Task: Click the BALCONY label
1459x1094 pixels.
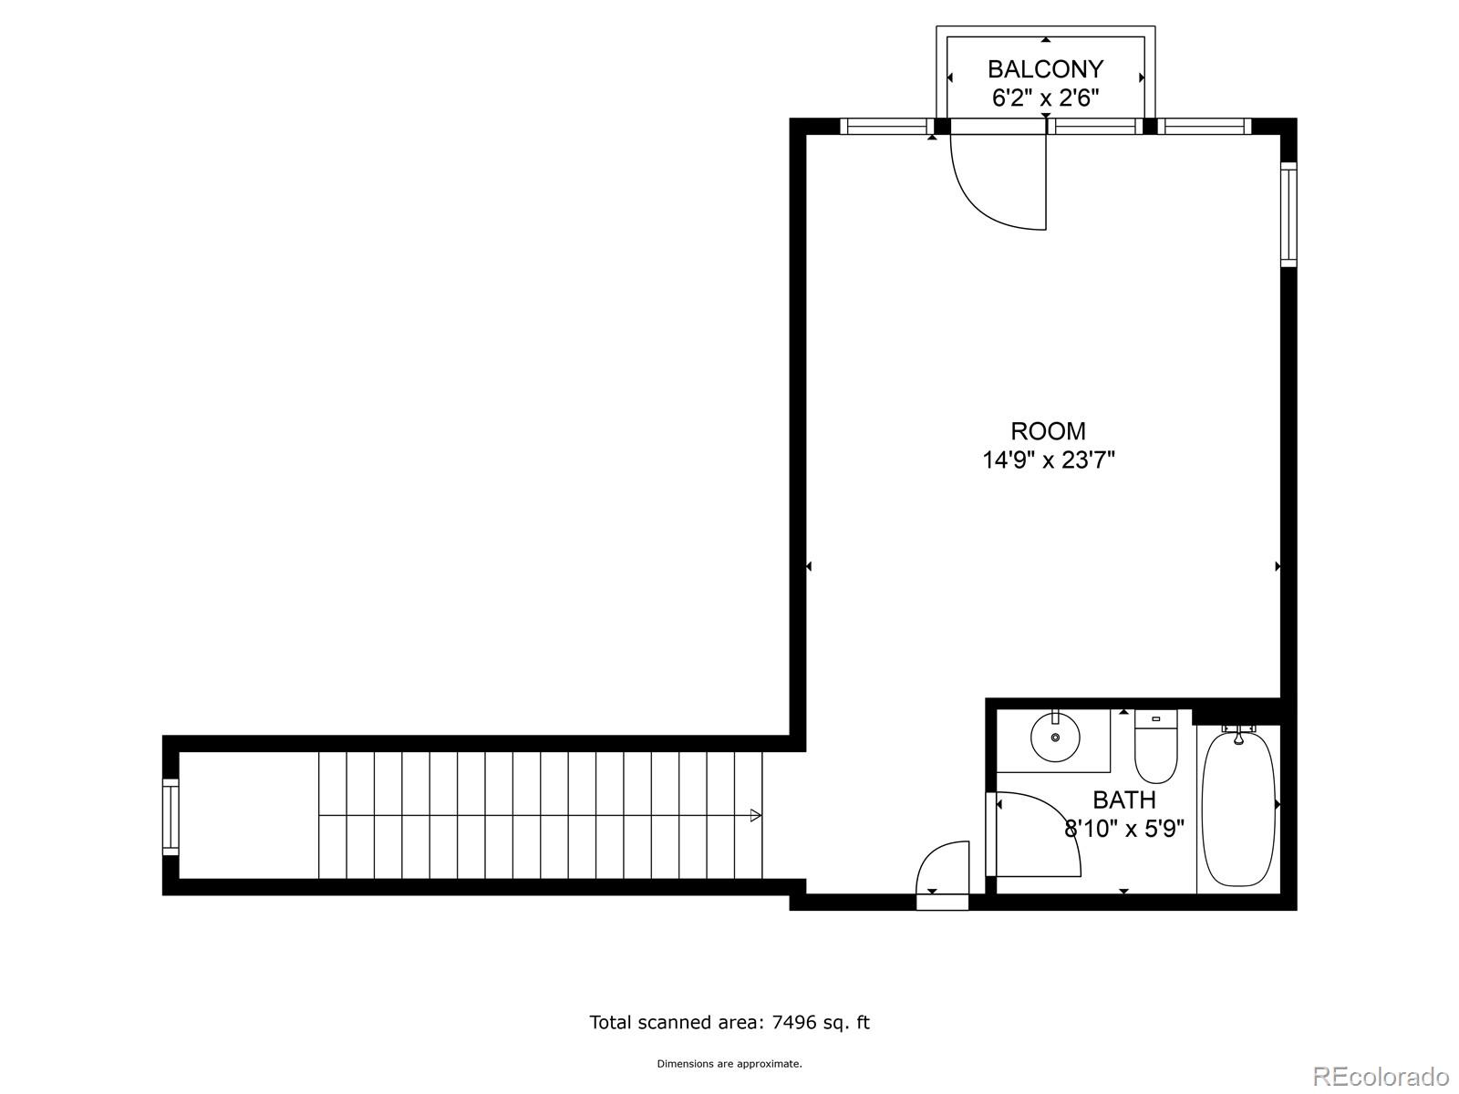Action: click(1045, 69)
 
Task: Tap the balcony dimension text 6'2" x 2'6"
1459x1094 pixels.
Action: click(1045, 98)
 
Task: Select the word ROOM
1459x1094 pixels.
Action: click(1048, 430)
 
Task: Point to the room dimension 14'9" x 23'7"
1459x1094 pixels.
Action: click(1048, 459)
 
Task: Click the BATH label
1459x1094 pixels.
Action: click(1123, 800)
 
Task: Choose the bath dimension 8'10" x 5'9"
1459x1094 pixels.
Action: click(1123, 829)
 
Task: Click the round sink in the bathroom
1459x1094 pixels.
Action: click(1055, 737)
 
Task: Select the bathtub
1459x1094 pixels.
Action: click(1237, 808)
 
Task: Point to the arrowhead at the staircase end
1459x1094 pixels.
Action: click(755, 815)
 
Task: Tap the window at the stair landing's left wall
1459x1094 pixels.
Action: click(171, 816)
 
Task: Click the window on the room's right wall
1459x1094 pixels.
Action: click(1288, 214)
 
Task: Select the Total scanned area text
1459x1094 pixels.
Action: click(729, 1022)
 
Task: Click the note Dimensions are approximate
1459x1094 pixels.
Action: click(729, 1063)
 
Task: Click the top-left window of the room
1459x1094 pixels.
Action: click(885, 127)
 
